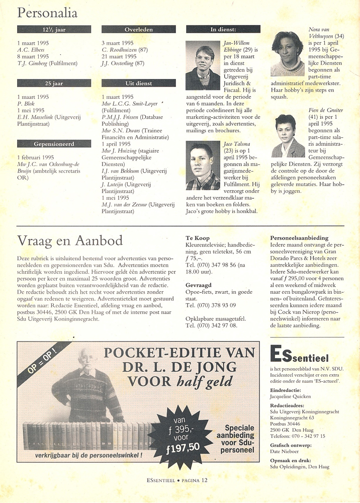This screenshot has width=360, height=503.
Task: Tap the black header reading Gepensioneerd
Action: [x=54, y=144]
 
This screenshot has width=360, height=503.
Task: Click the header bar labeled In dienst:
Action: [x=223, y=30]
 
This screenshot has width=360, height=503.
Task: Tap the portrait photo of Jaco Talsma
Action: [x=203, y=166]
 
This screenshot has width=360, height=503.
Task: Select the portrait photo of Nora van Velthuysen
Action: [x=288, y=54]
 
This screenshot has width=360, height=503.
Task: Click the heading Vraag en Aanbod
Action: [x=70, y=240]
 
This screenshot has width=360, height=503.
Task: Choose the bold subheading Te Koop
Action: [x=197, y=238]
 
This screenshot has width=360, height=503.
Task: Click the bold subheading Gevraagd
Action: [x=199, y=284]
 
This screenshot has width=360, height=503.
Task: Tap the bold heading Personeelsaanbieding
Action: [x=299, y=238]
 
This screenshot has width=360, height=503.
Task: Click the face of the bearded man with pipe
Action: [x=89, y=363]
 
